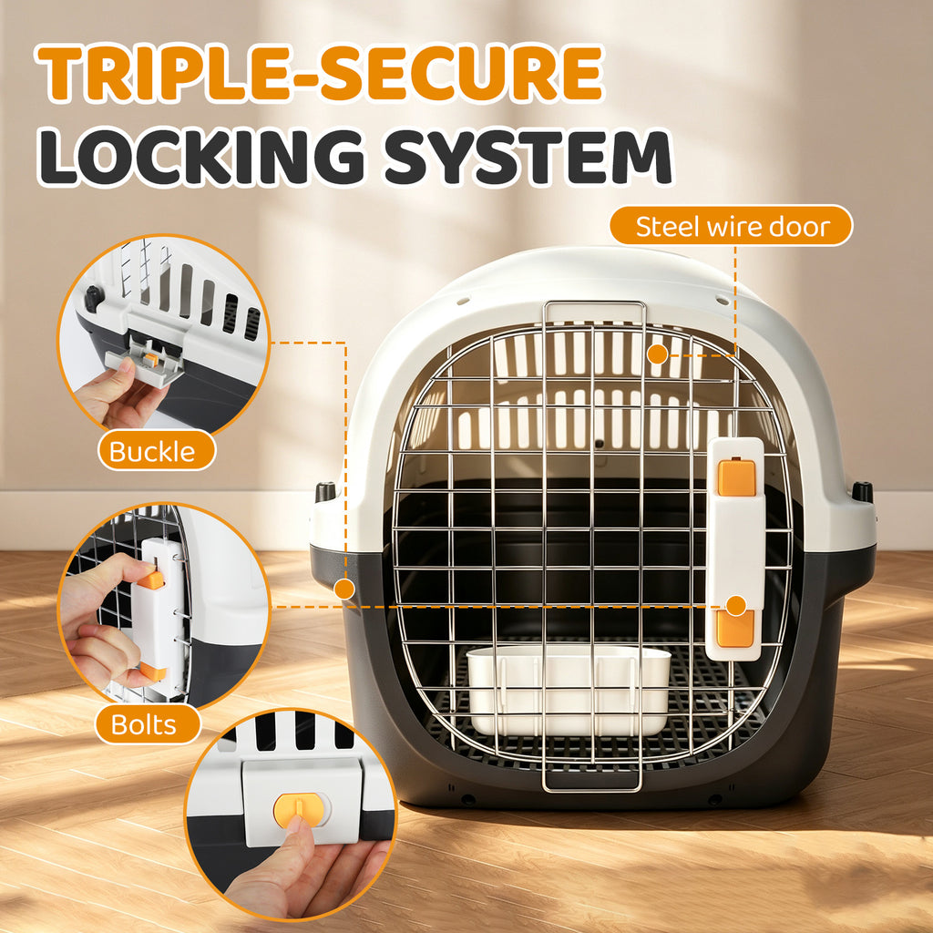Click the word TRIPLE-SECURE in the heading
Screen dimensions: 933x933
[321, 73]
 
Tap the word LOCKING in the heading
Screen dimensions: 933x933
[201, 157]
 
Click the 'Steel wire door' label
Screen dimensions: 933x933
[732, 226]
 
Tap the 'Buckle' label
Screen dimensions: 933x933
[157, 450]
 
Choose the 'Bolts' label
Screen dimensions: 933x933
[148, 724]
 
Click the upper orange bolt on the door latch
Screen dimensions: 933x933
[736, 477]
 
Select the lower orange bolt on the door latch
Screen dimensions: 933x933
[735, 628]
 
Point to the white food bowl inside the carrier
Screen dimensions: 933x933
[569, 691]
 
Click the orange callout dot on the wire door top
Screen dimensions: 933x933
[657, 354]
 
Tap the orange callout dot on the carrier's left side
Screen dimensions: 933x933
[343, 590]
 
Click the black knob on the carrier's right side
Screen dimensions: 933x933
[862, 491]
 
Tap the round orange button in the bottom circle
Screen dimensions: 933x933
[301, 810]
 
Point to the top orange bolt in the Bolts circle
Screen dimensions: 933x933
[151, 579]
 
